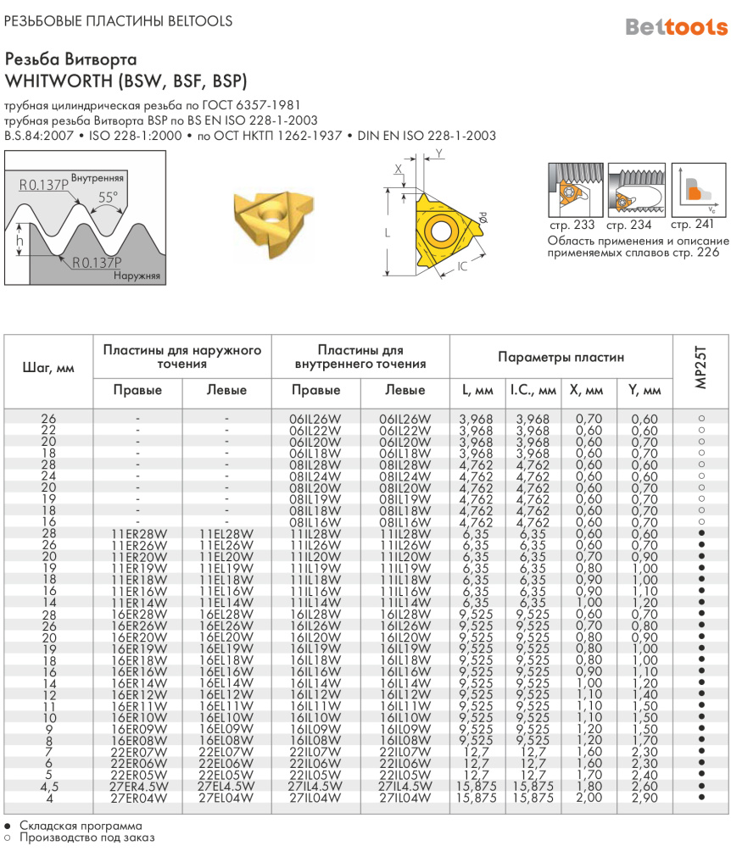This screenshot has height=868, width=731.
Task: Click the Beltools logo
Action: (676, 27)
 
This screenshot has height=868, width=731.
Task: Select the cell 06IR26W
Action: (315, 419)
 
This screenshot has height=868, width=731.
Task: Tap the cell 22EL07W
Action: (226, 751)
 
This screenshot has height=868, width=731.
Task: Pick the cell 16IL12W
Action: (405, 693)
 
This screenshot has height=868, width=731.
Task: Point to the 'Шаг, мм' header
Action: (47, 368)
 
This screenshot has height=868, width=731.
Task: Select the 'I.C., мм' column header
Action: (533, 390)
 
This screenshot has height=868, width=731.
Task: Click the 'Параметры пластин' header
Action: (561, 357)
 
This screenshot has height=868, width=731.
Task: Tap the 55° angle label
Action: (108, 197)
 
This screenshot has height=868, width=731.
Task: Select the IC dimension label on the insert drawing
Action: (462, 268)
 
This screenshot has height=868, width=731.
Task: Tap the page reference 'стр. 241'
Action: (692, 225)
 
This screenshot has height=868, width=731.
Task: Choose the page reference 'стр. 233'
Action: (571, 225)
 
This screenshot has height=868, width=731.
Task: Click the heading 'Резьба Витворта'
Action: (70, 60)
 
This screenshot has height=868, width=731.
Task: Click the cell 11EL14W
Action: (226, 602)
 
